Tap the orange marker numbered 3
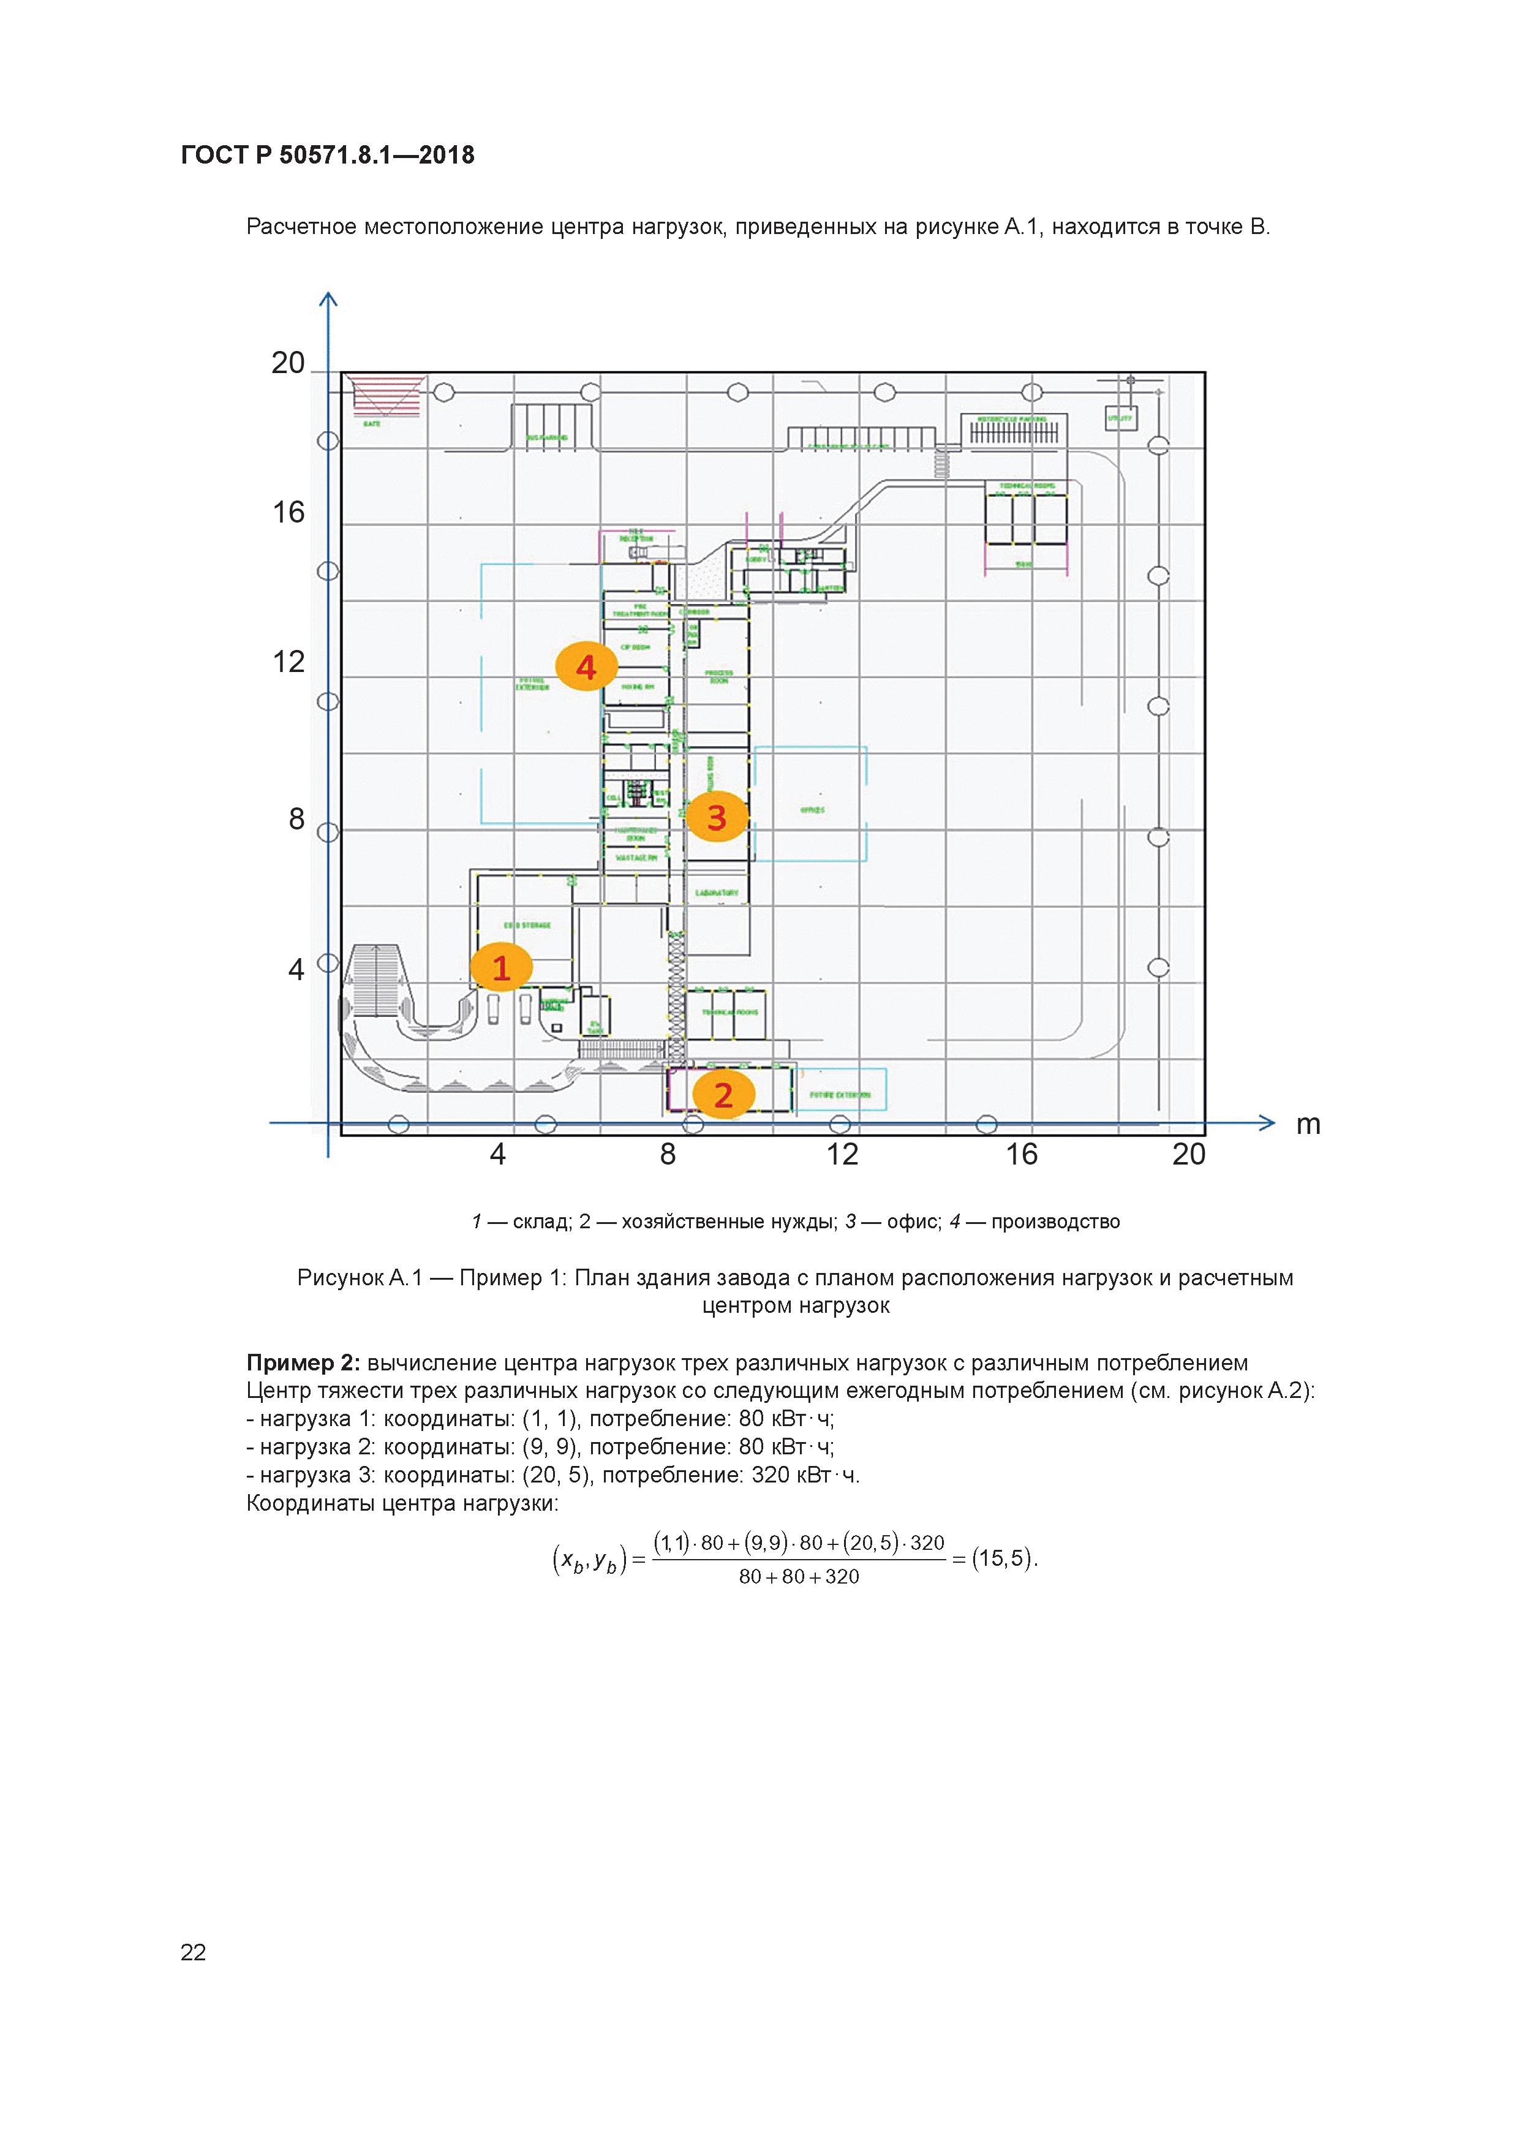pyautogui.click(x=717, y=817)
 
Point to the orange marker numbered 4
pyautogui.click(x=586, y=667)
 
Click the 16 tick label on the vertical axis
pyautogui.click(x=288, y=512)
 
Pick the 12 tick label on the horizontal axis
pyautogui.click(x=842, y=1154)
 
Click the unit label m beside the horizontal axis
pyautogui.click(x=1308, y=1124)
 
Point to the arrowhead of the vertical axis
pyautogui.click(x=328, y=300)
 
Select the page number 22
pyautogui.click(x=193, y=1952)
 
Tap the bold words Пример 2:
pyautogui.click(x=303, y=1363)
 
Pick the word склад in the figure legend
pyautogui.click(x=542, y=1222)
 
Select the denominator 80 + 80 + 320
pyautogui.click(x=798, y=1576)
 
